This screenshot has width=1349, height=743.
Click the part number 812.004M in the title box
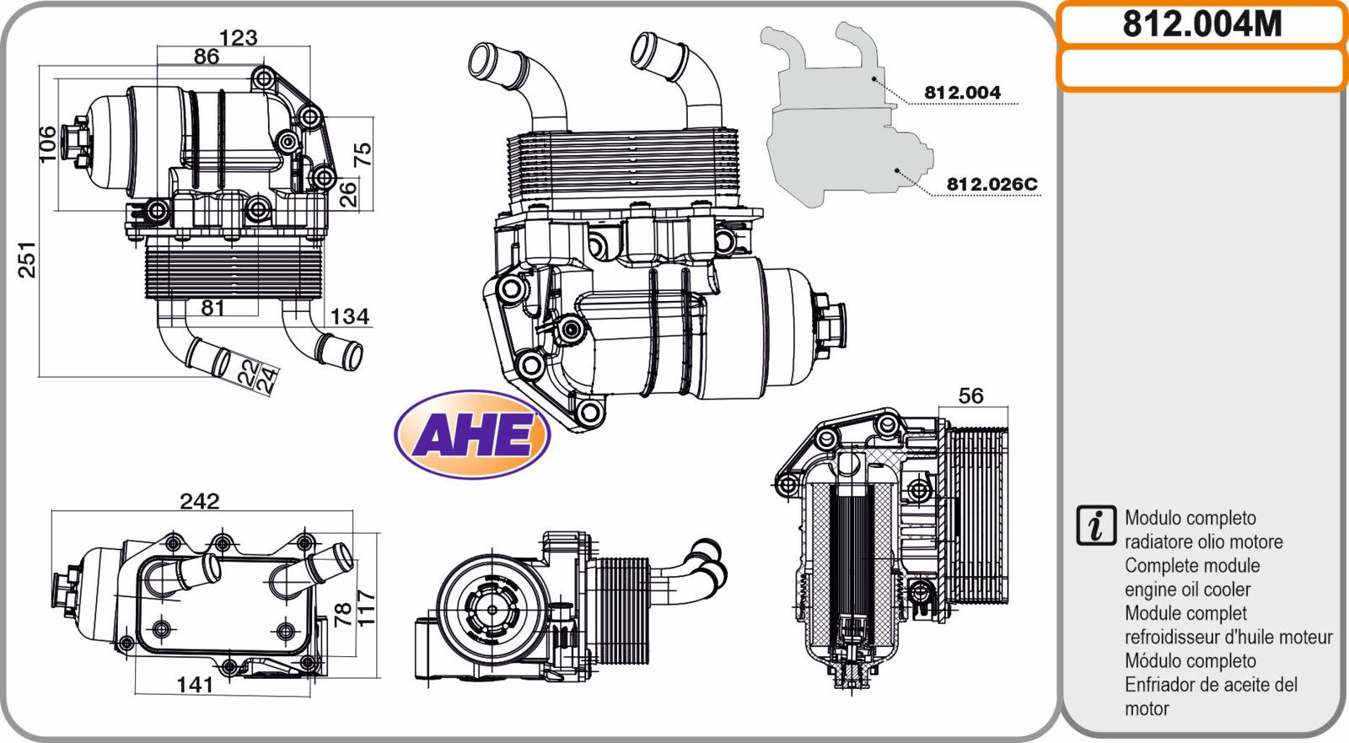[1202, 24]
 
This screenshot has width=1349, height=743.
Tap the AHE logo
[472, 434]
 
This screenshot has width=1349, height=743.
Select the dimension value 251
[27, 260]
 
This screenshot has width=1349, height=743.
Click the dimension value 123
[239, 38]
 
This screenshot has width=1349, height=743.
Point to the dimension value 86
[206, 57]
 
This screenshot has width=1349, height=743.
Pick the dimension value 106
[47, 143]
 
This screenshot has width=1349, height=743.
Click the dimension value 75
[362, 155]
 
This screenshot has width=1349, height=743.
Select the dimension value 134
[350, 316]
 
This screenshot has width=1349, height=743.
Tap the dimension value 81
[212, 308]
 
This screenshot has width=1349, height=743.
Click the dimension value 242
[200, 501]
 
